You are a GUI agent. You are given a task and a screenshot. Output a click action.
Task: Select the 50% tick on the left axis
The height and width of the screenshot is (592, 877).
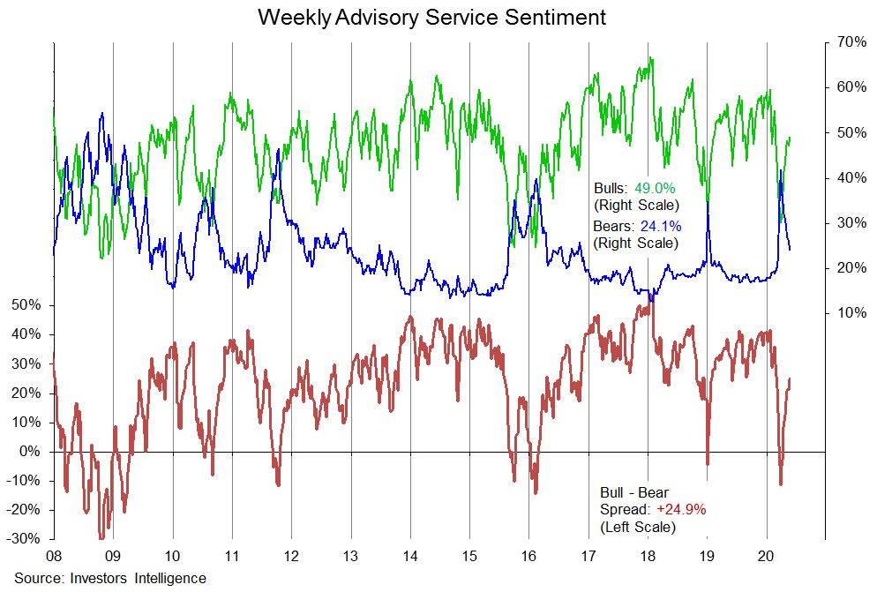tap(26, 305)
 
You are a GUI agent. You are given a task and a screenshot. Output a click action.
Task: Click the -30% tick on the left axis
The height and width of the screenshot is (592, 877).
tap(24, 538)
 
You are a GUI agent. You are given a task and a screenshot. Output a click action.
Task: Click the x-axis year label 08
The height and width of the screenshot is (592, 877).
tap(54, 558)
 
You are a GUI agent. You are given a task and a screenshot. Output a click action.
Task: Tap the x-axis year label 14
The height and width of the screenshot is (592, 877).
tap(409, 558)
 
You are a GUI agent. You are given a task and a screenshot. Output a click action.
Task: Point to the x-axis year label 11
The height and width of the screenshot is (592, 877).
tap(231, 558)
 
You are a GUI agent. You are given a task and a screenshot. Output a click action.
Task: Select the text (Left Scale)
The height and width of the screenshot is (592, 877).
tap(637, 527)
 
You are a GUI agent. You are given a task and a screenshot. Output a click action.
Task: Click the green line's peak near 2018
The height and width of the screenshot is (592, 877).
tap(651, 59)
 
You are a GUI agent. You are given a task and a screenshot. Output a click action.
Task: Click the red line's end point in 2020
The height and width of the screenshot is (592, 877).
tap(790, 379)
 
